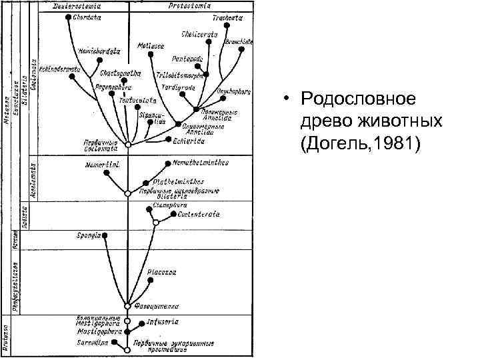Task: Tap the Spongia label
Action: pos(89,235)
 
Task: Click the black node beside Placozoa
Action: pos(151,281)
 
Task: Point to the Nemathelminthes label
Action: pos(200,162)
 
